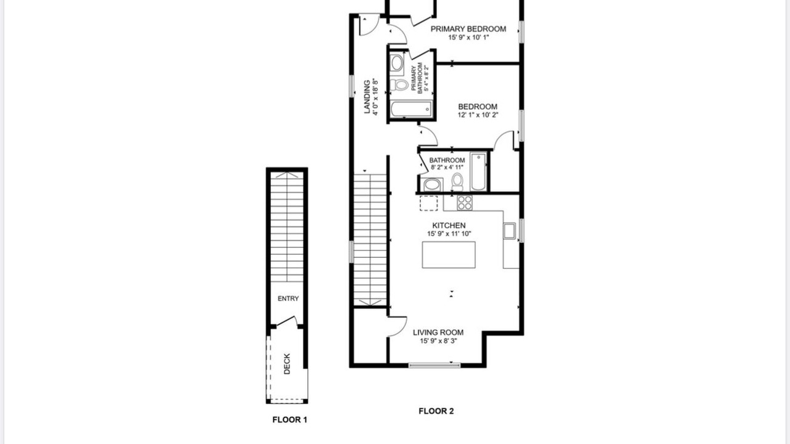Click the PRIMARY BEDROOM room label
click(x=468, y=29)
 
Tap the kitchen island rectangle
click(x=449, y=255)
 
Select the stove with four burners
click(x=465, y=203)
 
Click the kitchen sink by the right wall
click(x=509, y=231)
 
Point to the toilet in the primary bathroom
click(x=399, y=85)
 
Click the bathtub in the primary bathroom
click(x=411, y=109)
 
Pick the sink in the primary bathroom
click(x=397, y=64)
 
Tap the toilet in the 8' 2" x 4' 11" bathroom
click(x=457, y=182)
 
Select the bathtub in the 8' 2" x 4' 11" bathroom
click(x=478, y=171)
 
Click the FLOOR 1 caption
click(x=289, y=420)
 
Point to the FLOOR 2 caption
click(x=436, y=411)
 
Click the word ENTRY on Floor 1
click(x=288, y=298)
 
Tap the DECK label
click(x=287, y=364)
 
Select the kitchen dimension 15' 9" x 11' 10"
click(x=449, y=234)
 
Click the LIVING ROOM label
click(x=438, y=332)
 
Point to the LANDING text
click(x=367, y=97)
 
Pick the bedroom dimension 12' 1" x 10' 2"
click(x=478, y=115)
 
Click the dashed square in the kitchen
click(x=428, y=203)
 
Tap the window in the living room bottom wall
click(x=434, y=366)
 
